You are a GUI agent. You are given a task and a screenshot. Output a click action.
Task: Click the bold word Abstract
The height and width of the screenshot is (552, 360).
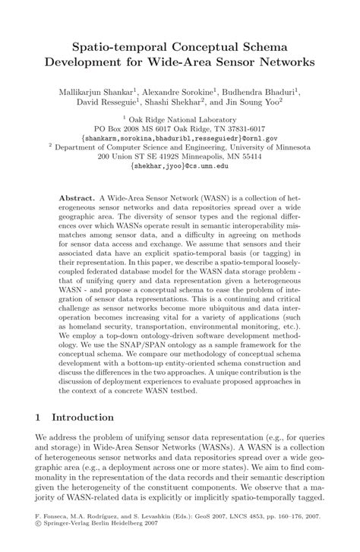point(77,197)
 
